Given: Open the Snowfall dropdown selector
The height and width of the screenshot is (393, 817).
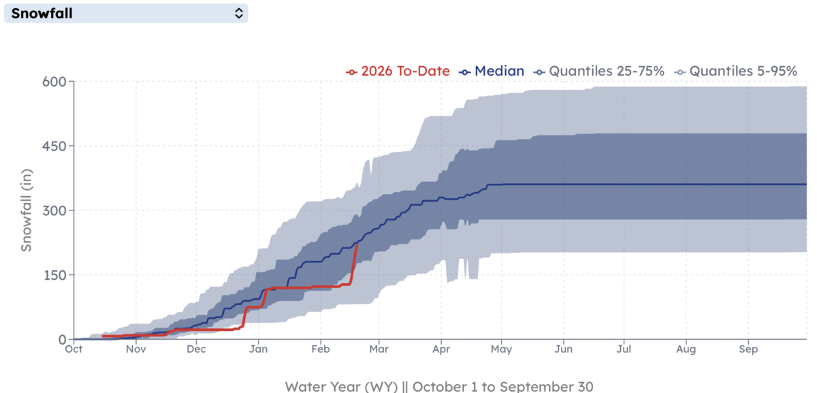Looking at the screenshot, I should pos(126,13).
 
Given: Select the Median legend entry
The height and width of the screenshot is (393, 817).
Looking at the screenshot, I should pos(492,71).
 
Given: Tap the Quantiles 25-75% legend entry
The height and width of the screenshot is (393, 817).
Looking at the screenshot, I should pos(599,71).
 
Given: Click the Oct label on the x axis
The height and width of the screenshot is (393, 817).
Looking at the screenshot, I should pos(74,350).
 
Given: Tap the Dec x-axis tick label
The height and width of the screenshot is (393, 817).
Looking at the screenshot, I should pos(196,350).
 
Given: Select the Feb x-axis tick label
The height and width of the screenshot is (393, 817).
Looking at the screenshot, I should pos(320,350).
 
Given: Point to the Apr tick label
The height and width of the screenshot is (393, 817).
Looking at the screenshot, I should pos(442,350).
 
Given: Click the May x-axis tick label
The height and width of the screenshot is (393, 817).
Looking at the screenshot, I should pos(501,350).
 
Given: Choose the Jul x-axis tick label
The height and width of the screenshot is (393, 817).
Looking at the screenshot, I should pos(625,350).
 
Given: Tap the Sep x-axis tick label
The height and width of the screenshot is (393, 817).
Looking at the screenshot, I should pos(748,350).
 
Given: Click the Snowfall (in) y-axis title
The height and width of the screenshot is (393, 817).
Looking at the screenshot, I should pos(26,210).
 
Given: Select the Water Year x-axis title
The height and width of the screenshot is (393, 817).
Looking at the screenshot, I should pos(439,386).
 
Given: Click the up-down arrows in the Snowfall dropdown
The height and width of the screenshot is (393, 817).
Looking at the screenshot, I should pos(238,13).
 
